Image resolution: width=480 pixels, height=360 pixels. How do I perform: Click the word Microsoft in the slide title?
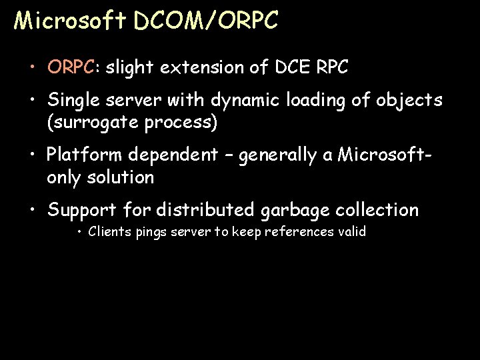pyautogui.click(x=70, y=21)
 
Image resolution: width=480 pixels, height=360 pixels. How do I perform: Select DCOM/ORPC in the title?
pyautogui.click(x=205, y=21)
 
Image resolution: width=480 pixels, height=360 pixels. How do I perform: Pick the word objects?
pyautogui.click(x=409, y=100)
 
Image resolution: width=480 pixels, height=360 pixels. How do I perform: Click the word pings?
pyautogui.click(x=150, y=233)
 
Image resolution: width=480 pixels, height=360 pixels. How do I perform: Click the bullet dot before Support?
pyautogui.click(x=33, y=211)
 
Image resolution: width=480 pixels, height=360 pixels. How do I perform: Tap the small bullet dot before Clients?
pyautogui.click(x=79, y=233)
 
